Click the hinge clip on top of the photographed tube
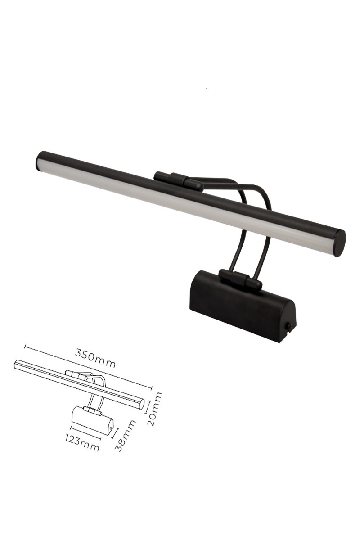[x=178, y=181]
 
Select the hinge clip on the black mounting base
[x=240, y=280]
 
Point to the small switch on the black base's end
[x=288, y=327]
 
